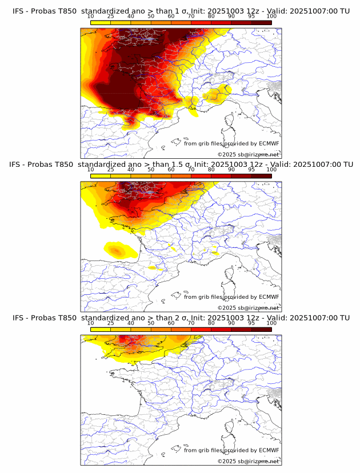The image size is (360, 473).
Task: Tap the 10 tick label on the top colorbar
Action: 91,16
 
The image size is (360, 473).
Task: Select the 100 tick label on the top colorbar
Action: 271,16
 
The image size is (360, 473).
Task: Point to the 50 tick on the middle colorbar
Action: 151,169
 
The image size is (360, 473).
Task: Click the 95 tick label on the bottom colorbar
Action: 251,323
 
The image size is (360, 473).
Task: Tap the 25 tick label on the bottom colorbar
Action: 111,323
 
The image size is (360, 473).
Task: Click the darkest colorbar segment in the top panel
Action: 261,22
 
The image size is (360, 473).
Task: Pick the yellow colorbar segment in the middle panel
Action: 101,176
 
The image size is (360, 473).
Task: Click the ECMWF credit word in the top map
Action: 269,144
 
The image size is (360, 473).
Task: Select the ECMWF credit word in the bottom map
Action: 269,450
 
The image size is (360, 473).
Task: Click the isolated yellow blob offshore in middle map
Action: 117,250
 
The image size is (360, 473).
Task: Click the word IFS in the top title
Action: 19,11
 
